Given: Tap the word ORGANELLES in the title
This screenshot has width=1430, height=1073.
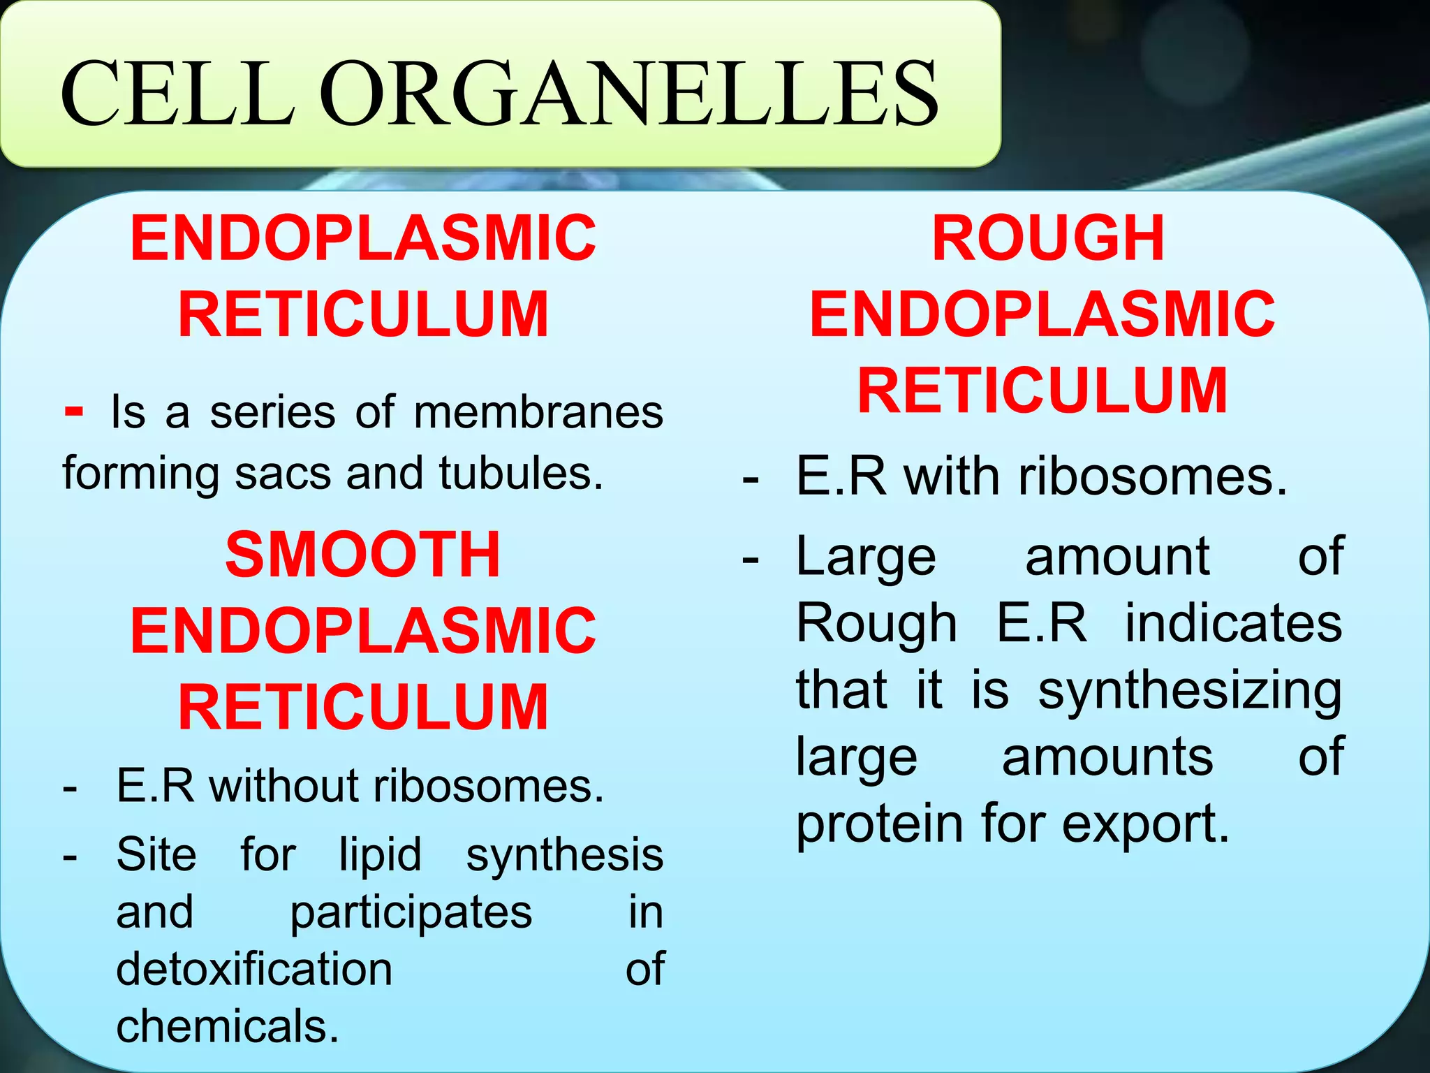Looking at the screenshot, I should [x=633, y=94].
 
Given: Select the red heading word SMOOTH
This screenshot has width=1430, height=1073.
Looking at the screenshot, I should [x=363, y=555].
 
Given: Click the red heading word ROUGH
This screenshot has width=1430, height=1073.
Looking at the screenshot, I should [x=1048, y=239].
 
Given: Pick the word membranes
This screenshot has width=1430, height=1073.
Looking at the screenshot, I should [x=538, y=412].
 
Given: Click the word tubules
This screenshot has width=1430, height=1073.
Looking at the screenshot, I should [x=521, y=474].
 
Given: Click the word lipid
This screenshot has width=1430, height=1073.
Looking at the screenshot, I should [x=381, y=855].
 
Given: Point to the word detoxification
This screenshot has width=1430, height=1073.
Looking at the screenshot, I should [x=254, y=970].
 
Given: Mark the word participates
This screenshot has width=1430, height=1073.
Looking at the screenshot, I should [x=411, y=913].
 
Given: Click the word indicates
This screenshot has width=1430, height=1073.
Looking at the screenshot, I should [x=1233, y=623].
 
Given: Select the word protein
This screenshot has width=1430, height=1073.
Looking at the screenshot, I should [x=880, y=824].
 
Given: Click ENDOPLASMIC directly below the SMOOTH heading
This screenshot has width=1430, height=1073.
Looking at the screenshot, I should [x=363, y=631].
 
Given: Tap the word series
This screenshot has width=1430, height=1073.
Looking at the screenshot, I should [x=272, y=412].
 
